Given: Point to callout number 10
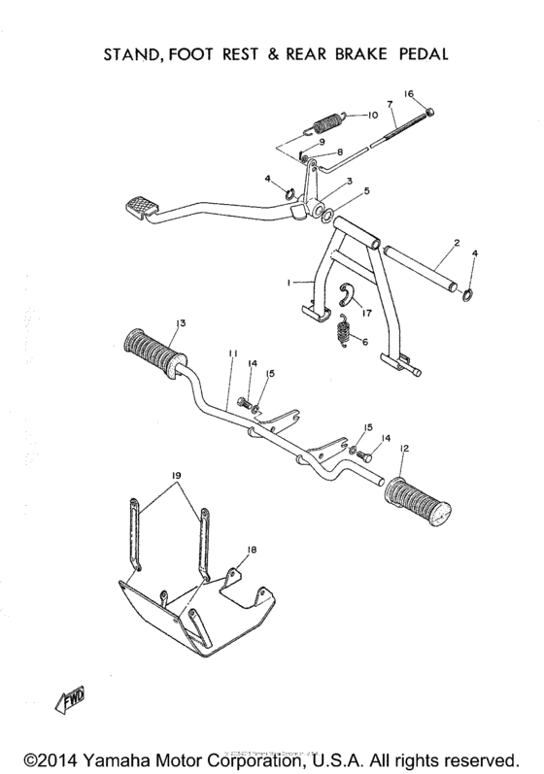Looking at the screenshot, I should click(x=371, y=115).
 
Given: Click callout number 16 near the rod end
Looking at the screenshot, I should click(x=409, y=93).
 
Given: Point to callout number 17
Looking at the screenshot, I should click(x=367, y=313).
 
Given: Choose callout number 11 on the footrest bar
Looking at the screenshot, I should click(x=231, y=356).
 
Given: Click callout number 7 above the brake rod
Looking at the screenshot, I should click(x=389, y=103).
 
